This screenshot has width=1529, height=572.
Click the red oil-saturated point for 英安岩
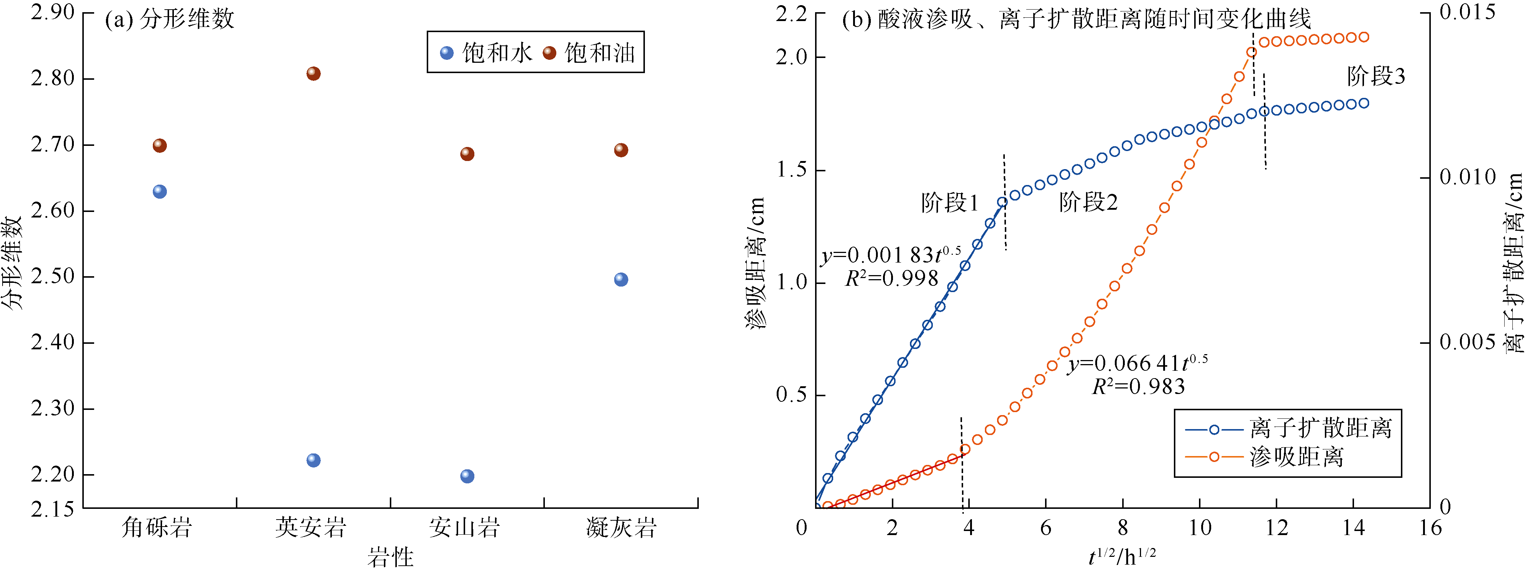tap(313, 73)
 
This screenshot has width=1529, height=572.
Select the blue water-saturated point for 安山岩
tap(467, 476)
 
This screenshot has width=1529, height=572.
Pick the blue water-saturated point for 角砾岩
tap(160, 191)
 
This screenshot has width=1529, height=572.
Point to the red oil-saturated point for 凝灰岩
tap(621, 150)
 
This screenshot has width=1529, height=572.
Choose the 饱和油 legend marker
tap(550, 53)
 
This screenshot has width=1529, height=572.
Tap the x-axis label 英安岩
tap(310, 527)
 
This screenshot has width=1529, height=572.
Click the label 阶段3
tap(1376, 76)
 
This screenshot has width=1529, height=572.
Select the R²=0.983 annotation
tap(1138, 387)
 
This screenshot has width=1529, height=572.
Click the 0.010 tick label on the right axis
tap(1467, 177)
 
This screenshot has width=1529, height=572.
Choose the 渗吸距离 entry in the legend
tap(1296, 457)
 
